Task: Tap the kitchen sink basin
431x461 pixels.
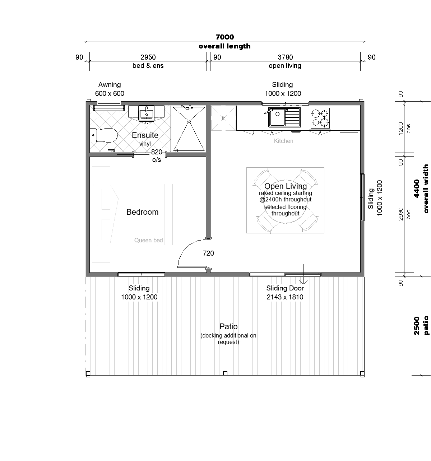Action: (x=277, y=117)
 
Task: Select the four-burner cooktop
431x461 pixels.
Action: (x=320, y=118)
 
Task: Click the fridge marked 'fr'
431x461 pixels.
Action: (x=223, y=118)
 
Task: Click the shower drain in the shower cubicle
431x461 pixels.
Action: (x=189, y=121)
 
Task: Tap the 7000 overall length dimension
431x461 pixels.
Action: (x=224, y=37)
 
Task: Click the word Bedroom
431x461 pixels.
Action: (x=142, y=212)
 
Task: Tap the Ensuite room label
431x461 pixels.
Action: (x=145, y=135)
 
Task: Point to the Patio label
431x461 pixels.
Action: (x=228, y=326)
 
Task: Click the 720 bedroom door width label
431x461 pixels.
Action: (x=208, y=253)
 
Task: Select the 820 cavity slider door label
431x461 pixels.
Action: (x=157, y=152)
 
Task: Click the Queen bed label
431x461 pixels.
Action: (x=148, y=240)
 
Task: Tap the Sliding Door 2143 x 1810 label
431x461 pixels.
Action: (x=285, y=293)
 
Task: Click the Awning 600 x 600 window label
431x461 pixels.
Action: (x=110, y=89)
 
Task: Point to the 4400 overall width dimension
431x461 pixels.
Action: (x=417, y=188)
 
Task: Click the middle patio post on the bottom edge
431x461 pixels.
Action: (x=225, y=373)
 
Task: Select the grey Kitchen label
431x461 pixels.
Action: (x=283, y=141)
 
